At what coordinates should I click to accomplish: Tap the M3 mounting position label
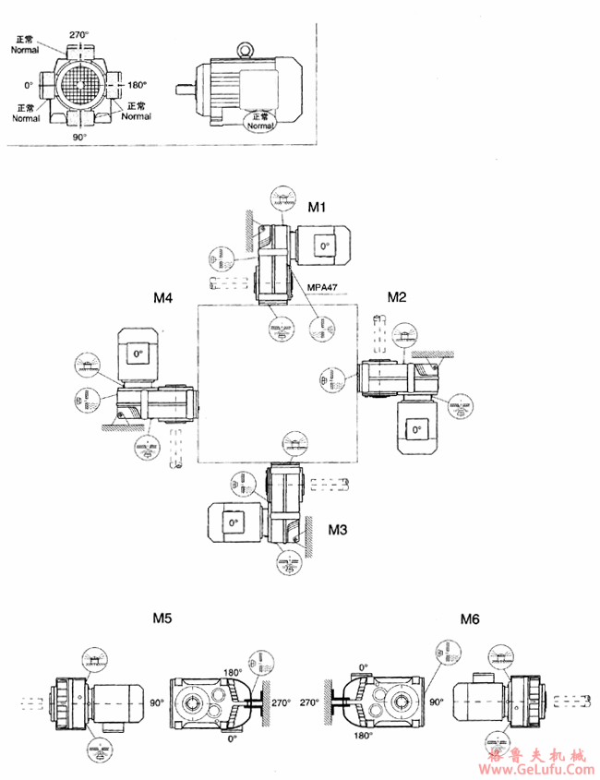pos(339,532)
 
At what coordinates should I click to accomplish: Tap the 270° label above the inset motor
pos(79,35)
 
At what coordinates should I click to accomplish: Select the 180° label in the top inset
pos(138,85)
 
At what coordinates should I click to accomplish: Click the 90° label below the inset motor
pos(79,137)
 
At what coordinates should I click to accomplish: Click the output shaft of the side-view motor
pos(185,90)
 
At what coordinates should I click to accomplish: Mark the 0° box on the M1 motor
pos(322,246)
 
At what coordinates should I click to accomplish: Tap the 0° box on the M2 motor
pos(415,430)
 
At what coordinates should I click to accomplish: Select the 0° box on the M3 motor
pos(231,522)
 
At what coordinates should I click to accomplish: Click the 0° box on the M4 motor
pos(138,354)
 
